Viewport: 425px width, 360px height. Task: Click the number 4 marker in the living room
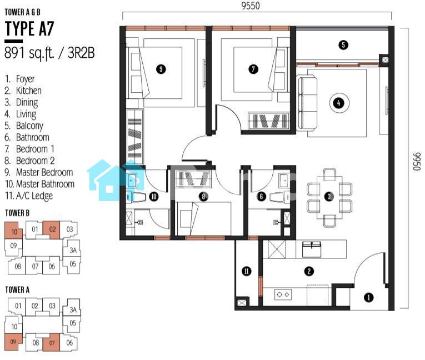pyautogui.click(x=339, y=103)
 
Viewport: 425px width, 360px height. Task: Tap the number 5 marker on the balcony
pyautogui.click(x=343, y=45)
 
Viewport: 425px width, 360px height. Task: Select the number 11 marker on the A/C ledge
pyautogui.click(x=247, y=271)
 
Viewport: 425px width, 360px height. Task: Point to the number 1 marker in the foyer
pyautogui.click(x=369, y=297)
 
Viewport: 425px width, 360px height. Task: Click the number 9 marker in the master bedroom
pyautogui.click(x=161, y=69)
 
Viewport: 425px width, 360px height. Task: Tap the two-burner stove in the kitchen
pyautogui.click(x=283, y=294)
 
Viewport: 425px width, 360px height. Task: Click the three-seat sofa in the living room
pyautogui.click(x=308, y=103)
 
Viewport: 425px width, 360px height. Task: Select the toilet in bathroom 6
pyautogui.click(x=280, y=197)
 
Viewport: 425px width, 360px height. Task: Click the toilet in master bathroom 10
pyautogui.click(x=137, y=197)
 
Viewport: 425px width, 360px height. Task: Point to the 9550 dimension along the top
pyautogui.click(x=251, y=6)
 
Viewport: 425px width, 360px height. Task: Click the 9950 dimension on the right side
pyautogui.click(x=417, y=162)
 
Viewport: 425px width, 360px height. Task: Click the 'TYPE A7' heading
pyautogui.click(x=29, y=28)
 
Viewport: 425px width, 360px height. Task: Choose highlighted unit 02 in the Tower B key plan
pyautogui.click(x=52, y=230)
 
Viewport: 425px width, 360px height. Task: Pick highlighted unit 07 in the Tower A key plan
pyautogui.click(x=52, y=342)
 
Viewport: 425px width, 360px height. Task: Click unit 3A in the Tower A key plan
pyautogui.click(x=73, y=309)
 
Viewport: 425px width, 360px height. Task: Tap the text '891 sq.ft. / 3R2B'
pyautogui.click(x=49, y=53)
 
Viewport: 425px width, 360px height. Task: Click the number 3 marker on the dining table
pyautogui.click(x=329, y=197)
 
